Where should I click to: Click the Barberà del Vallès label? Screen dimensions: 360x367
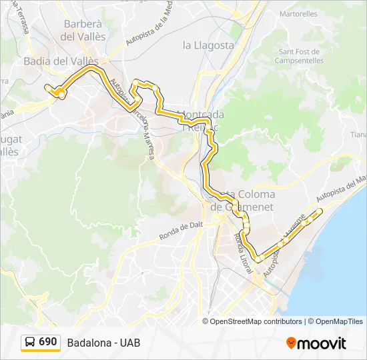[x=83, y=31]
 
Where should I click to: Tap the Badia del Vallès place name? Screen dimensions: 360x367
[x=61, y=61]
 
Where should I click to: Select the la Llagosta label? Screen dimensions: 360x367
[x=208, y=45]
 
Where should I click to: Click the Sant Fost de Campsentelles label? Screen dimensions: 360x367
[x=301, y=57]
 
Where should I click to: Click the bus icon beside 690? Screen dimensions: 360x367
[x=31, y=343]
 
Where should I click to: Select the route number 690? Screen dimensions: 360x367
[x=48, y=342]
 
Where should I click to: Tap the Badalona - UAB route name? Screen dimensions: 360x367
[x=103, y=343]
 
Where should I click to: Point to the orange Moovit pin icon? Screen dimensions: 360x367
[x=291, y=343]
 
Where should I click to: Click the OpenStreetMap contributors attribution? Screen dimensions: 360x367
[x=256, y=321]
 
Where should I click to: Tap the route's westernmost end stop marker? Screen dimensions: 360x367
[x=47, y=87]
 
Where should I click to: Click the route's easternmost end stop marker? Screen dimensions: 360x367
[x=320, y=211]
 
